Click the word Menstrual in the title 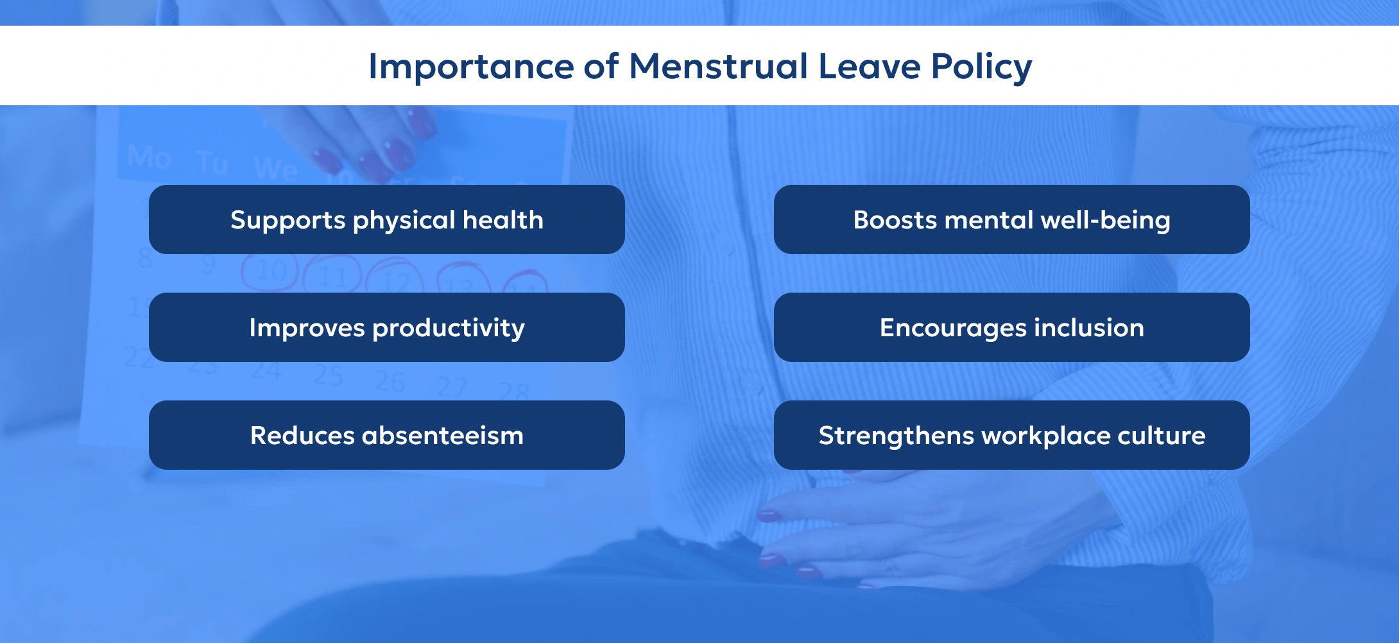tap(718, 66)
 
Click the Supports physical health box tap(386, 219)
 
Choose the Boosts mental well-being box tap(1011, 219)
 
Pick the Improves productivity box tap(386, 327)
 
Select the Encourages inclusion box tap(1011, 327)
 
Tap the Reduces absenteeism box tap(386, 435)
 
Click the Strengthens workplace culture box tap(1011, 435)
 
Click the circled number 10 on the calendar tap(271, 272)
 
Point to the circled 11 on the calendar tap(332, 277)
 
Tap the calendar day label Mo tap(148, 157)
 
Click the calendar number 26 tap(390, 382)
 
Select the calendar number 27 tap(452, 387)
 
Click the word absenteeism tap(443, 436)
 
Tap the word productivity tap(449, 329)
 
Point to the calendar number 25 tap(328, 375)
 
